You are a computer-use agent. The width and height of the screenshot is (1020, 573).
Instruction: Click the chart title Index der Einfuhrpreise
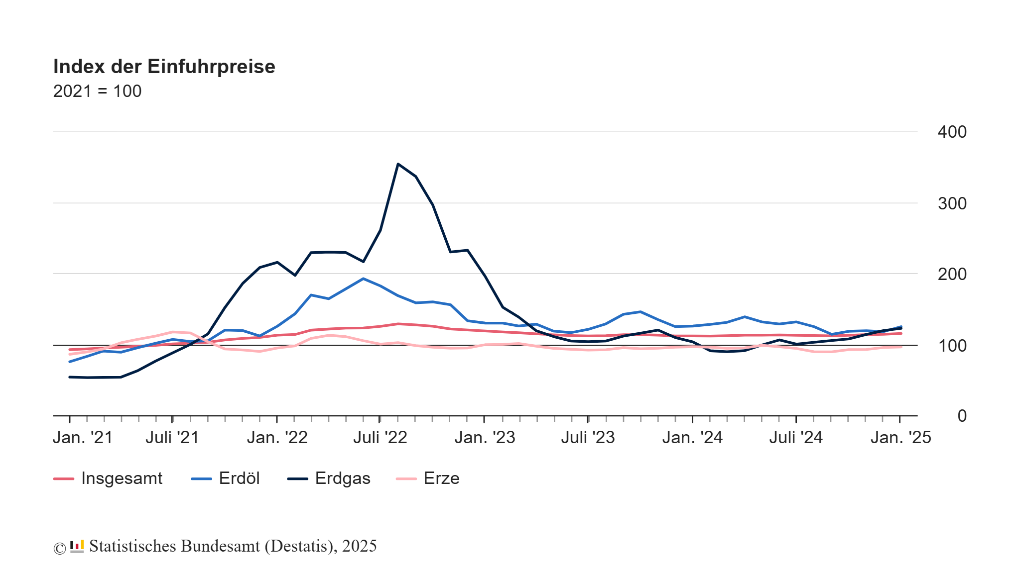click(x=164, y=67)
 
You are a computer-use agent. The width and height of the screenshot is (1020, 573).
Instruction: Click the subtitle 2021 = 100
click(x=97, y=92)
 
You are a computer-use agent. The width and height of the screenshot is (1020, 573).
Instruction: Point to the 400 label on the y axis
click(x=952, y=132)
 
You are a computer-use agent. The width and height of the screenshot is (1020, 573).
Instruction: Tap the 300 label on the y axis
click(x=952, y=203)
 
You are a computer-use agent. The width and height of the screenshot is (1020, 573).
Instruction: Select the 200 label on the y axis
click(x=952, y=274)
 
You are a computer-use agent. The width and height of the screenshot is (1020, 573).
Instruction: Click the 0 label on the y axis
click(x=962, y=416)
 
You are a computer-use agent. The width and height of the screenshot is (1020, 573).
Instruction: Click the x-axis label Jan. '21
click(x=83, y=438)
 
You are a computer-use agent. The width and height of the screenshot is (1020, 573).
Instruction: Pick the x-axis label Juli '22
click(x=380, y=438)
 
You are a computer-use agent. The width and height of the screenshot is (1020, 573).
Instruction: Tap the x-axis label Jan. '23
click(x=485, y=438)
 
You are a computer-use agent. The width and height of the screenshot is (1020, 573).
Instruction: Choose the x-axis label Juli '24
click(x=796, y=438)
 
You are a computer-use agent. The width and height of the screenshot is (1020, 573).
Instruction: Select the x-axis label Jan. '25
click(x=900, y=438)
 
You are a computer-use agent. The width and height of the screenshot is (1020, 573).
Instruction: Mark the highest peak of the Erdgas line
click(x=398, y=164)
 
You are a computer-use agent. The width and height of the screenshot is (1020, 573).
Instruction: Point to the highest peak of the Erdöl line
click(x=363, y=279)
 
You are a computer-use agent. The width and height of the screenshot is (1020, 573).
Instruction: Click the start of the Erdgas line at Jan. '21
click(x=70, y=377)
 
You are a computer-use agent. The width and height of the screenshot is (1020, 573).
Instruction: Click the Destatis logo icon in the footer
click(x=77, y=546)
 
